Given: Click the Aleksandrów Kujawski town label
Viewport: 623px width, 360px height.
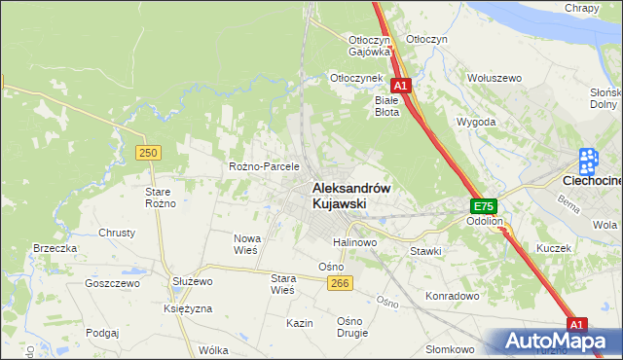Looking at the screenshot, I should [350, 196].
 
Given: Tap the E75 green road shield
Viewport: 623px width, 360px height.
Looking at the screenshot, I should [484, 206].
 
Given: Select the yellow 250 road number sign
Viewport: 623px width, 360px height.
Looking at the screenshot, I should [148, 153].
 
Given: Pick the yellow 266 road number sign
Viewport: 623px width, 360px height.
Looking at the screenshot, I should [339, 282].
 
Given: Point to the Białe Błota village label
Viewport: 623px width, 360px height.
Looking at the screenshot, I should [387, 105].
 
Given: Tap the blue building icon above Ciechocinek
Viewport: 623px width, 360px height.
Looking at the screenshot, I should [588, 160].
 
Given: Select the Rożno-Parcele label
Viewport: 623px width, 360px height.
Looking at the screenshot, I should [263, 166].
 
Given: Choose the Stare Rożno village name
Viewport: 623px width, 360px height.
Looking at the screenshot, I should [159, 198].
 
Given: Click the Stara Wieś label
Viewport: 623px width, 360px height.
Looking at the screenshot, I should [282, 283].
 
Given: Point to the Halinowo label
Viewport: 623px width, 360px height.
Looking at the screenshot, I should [355, 242].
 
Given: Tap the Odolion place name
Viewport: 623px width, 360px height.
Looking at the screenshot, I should [484, 222].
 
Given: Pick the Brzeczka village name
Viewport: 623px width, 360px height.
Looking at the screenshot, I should [55, 248].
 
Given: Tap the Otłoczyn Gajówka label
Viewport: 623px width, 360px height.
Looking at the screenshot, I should [369, 46].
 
